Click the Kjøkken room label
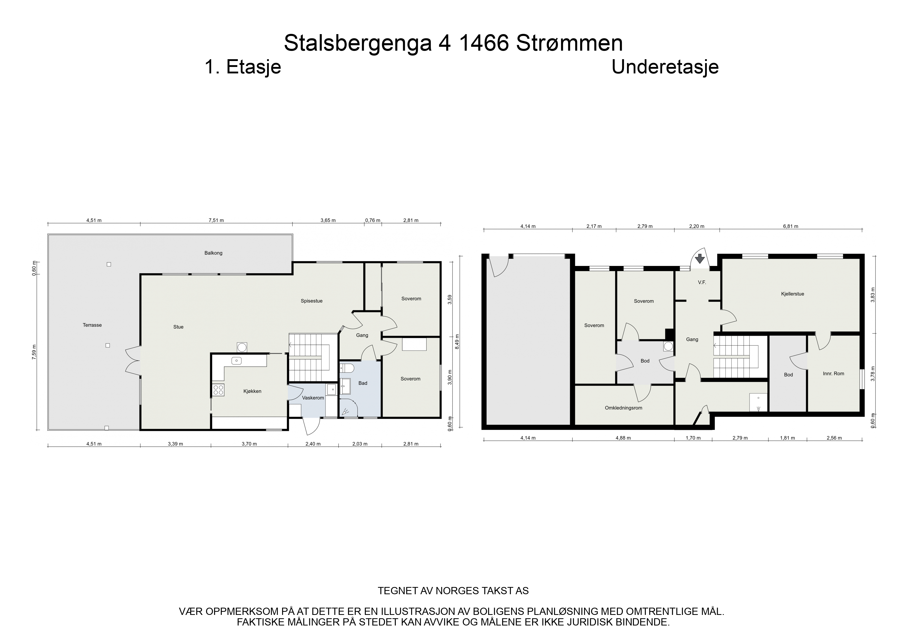click(x=252, y=391)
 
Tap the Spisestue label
click(x=312, y=301)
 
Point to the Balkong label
click(x=213, y=253)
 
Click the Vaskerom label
click(x=313, y=398)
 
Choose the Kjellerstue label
click(x=792, y=294)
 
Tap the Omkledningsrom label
click(x=623, y=408)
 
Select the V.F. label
click(x=702, y=283)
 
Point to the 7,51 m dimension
click(x=216, y=220)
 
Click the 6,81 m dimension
click(x=790, y=226)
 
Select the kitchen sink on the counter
click(x=236, y=360)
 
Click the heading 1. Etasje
click(x=243, y=67)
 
